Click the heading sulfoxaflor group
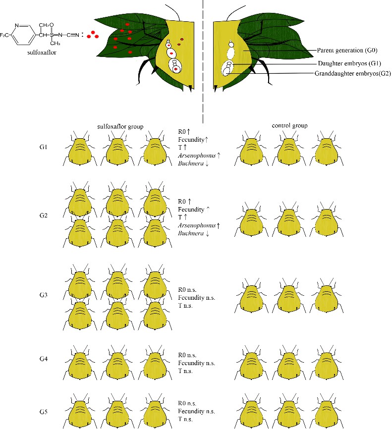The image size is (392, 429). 120,126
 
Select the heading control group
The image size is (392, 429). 290,126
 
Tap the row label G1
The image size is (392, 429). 44,148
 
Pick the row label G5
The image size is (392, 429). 44,411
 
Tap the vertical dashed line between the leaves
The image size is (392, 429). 203,59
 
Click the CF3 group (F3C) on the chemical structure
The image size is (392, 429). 6,35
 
